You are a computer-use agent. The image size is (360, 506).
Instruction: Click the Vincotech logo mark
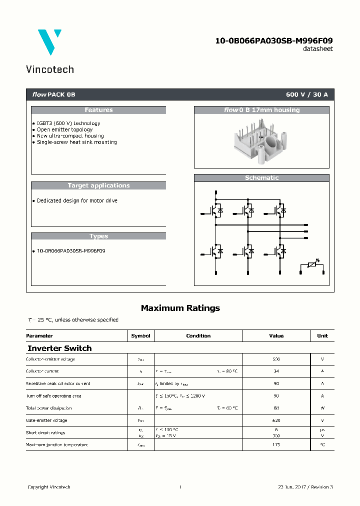point(49,41)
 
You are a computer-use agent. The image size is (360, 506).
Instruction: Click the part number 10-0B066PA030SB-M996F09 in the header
point(273,40)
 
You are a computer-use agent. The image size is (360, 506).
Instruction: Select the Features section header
point(98,110)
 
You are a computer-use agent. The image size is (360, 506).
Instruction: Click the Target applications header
point(98,185)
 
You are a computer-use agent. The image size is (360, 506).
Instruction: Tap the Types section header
point(98,236)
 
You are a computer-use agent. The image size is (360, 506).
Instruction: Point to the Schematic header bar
point(261,178)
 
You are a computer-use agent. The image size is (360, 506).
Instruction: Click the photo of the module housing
point(261,139)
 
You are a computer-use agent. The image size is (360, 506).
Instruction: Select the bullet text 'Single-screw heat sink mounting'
point(76,142)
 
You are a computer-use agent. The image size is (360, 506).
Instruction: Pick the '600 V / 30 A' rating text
point(306,94)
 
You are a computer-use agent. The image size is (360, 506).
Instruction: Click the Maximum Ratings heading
point(180,308)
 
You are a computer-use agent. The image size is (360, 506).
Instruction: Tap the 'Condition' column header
point(198,336)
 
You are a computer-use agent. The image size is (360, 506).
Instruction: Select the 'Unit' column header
point(322,336)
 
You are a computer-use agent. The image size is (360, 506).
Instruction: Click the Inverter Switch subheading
point(59,348)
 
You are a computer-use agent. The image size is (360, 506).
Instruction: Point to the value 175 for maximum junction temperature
point(276,444)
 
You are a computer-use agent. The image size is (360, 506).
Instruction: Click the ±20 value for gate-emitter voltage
point(276,420)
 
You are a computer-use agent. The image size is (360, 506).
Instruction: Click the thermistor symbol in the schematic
point(312,264)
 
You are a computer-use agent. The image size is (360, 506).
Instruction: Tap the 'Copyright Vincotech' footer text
point(49,487)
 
